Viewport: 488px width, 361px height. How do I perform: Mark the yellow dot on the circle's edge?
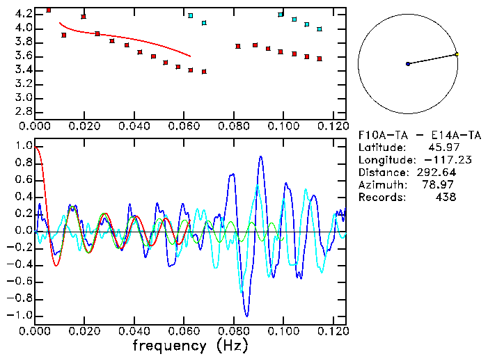[x=457, y=54]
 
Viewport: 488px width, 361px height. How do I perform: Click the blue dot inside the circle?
[x=408, y=64]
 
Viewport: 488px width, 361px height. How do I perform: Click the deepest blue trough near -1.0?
[x=246, y=316]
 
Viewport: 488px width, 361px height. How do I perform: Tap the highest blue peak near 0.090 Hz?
[x=261, y=157]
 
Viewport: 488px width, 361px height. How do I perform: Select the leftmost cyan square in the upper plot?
[x=191, y=15]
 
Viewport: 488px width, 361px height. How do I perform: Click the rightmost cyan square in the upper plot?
[x=320, y=29]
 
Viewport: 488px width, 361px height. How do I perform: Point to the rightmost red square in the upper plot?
[x=320, y=58]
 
